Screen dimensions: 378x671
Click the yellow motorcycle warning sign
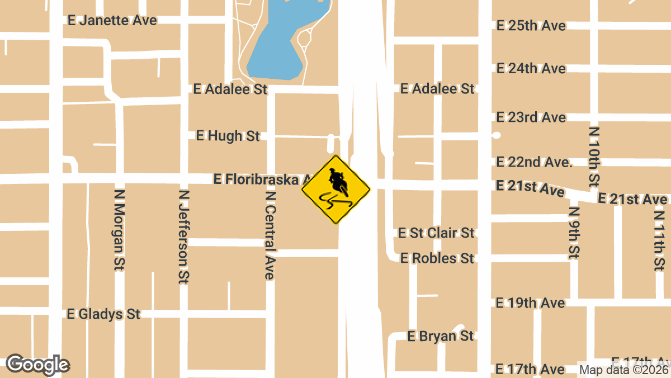335,190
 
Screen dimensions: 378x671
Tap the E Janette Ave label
112,20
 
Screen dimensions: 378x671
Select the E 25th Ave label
531,26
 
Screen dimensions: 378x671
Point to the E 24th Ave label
531,69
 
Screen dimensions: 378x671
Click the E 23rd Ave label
531,117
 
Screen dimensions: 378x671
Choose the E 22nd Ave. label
534,162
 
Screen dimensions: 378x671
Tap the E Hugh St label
228,136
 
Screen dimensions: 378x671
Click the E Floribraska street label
260,179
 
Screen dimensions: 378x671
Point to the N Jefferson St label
183,237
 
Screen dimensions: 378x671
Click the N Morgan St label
119,229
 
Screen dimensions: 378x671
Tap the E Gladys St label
103,314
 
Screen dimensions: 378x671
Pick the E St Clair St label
436,233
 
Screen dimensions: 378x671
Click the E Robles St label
437,258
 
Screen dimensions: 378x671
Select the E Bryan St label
441,336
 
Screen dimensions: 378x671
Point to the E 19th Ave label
531,303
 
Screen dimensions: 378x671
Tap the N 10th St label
594,157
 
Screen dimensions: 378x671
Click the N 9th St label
574,233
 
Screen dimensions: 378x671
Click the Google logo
37,365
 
